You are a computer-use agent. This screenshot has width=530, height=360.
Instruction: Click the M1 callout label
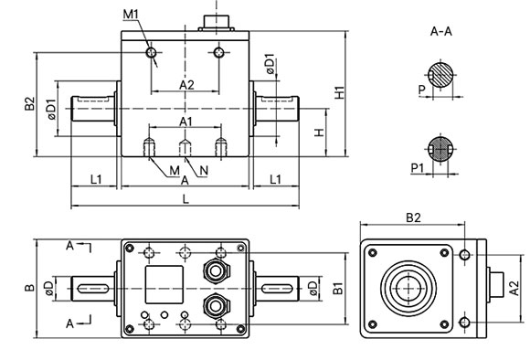pyautogui.click(x=131, y=15)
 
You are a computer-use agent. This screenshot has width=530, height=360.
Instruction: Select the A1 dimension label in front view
pyautogui.click(x=185, y=121)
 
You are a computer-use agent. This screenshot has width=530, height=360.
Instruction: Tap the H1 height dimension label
pyautogui.click(x=339, y=92)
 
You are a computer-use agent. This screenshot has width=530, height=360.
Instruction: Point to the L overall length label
pyautogui.click(x=185, y=198)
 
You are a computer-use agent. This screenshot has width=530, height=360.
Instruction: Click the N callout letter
pyautogui.click(x=202, y=170)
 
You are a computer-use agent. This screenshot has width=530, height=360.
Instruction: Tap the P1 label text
pyautogui.click(x=416, y=168)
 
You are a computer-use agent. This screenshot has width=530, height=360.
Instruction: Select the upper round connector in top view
pyautogui.click(x=217, y=270)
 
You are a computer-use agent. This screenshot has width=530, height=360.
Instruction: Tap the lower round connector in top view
pyautogui.click(x=217, y=305)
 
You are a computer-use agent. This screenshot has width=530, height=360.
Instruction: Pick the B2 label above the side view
pyautogui.click(x=414, y=217)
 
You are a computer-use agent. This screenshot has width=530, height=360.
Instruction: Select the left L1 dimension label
pyautogui.click(x=95, y=178)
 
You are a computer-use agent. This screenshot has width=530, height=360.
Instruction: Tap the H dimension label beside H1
pyautogui.click(x=318, y=134)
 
